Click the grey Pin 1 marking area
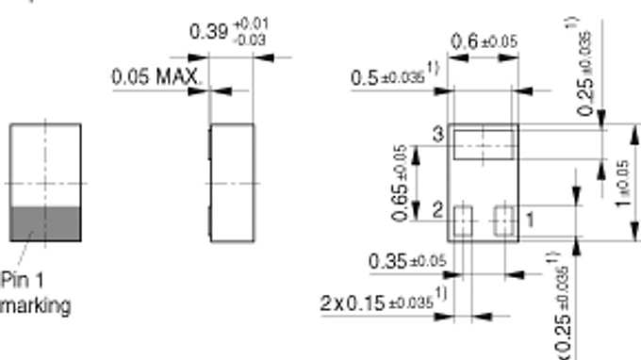click(x=44, y=222)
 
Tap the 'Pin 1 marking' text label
click(x=35, y=293)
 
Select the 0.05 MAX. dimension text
click(x=156, y=76)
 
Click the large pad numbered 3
click(x=482, y=144)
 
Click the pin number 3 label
click(x=438, y=135)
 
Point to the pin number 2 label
click(x=438, y=209)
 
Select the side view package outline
click(x=232, y=182)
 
